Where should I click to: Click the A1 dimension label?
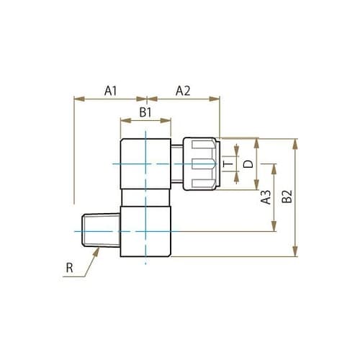110,91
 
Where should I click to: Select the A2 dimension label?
183,91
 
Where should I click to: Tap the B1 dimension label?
145,113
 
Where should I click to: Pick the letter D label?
247,164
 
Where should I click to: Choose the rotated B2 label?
287,197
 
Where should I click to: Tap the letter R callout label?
69,269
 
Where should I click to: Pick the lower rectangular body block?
145,230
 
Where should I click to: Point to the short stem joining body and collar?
178,164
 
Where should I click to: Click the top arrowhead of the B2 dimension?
294,140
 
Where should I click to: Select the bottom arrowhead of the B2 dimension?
294,253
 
